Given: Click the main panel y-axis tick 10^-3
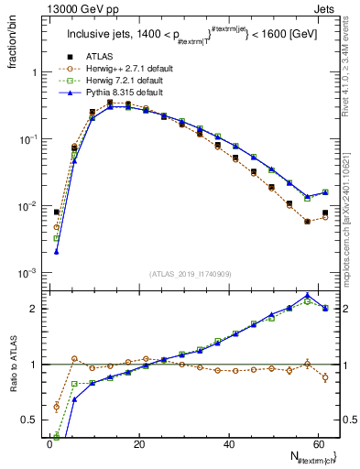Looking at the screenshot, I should (27, 274).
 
